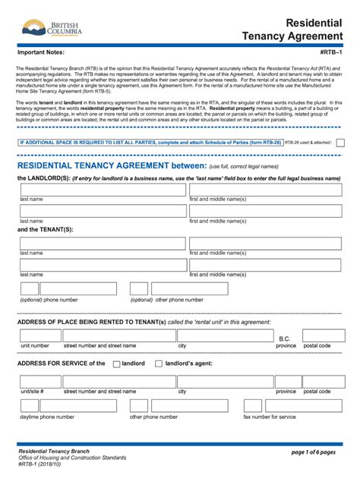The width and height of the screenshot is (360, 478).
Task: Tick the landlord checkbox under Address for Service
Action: (x=116, y=363)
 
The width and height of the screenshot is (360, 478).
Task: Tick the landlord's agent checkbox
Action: (x=158, y=363)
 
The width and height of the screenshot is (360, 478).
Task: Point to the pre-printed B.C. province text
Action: (x=285, y=338)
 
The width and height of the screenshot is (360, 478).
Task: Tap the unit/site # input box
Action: (x=35, y=380)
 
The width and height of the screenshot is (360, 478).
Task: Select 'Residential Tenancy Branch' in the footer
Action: (x=54, y=451)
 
